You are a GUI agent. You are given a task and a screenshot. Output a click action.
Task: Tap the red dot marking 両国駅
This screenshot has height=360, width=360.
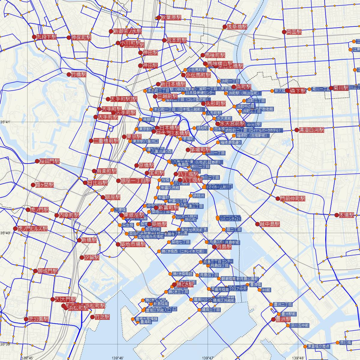coord(284,32)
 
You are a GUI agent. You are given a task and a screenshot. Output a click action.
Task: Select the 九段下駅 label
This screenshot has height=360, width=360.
coord(46,37)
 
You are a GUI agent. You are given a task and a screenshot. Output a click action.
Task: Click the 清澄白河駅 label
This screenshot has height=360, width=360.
coord(312,130)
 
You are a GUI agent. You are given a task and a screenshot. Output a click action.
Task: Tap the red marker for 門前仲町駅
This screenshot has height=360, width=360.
coord(278,199)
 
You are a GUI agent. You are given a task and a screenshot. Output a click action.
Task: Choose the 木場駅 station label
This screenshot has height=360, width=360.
coord(346,215)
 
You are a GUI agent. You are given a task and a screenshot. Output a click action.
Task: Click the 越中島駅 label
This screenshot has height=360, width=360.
coord(269,224)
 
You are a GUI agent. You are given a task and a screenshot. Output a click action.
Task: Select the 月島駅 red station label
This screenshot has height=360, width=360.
coord(224,247)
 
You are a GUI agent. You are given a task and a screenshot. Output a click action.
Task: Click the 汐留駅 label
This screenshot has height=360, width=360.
coord(92,257)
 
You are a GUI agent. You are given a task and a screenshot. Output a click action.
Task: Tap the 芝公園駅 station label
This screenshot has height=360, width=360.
coord(38,319)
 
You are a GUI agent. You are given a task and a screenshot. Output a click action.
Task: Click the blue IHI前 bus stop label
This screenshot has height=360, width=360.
coord(266,290)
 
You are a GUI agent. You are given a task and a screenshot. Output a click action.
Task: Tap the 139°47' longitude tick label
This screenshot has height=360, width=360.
coord(208,358)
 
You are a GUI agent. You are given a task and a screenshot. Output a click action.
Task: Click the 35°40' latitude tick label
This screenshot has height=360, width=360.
coord(5,233)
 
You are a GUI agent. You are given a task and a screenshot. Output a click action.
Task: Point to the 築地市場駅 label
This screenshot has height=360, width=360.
coord(133,244)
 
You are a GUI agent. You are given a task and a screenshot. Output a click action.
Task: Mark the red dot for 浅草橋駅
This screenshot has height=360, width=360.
coord(224,27)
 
